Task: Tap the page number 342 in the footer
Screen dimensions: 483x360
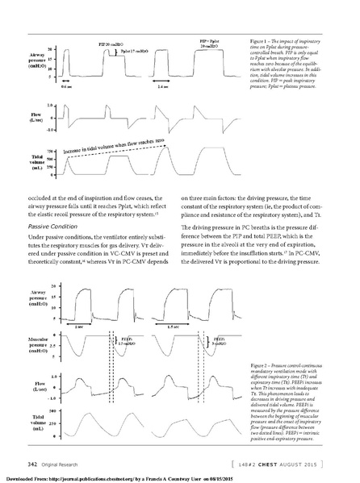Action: click(34, 463)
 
